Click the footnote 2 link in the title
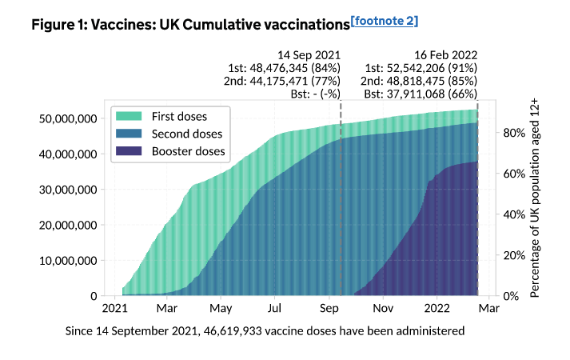click(385, 20)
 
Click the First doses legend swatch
click(132, 117)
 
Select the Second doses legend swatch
click(132, 134)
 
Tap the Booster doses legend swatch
click(132, 150)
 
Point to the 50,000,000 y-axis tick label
click(68, 118)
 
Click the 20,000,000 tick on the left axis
click(68, 225)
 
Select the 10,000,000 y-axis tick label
click(68, 261)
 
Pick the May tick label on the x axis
click(221, 308)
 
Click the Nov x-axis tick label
click(385, 308)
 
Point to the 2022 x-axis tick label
click(438, 308)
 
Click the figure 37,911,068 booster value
click(421, 94)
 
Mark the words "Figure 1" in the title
click(59, 25)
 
